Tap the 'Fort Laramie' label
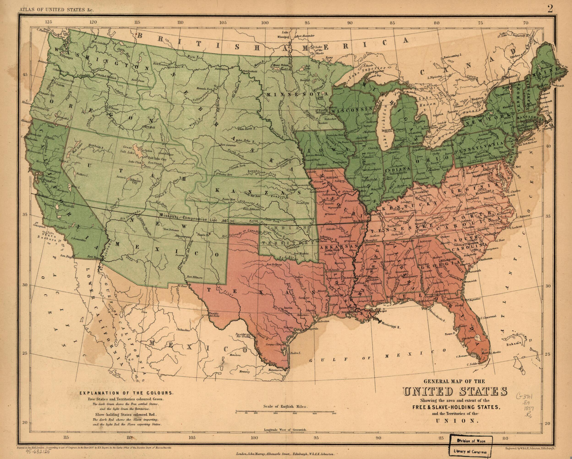[x=228, y=145]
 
